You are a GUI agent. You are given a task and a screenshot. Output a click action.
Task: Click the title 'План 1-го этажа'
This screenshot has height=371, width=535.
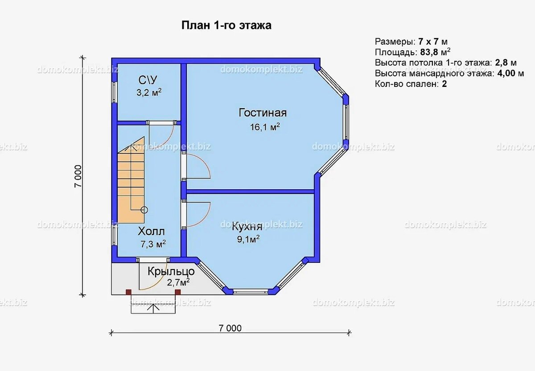226,25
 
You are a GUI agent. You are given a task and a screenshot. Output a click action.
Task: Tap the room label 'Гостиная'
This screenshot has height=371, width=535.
263,113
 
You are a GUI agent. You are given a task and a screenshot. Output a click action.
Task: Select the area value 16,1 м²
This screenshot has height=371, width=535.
265,127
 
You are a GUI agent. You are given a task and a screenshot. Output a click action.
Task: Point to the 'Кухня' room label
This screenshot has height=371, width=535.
247,227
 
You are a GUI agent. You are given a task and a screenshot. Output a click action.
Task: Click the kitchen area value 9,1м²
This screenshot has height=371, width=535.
248,239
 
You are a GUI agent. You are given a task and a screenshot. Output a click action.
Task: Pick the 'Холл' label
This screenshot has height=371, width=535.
152,231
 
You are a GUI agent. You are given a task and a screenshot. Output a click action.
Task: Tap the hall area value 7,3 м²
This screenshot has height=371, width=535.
153,244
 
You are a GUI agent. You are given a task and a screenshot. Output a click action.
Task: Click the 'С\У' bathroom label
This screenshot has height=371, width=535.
148,80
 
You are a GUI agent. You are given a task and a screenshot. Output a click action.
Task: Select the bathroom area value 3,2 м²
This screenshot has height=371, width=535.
149,92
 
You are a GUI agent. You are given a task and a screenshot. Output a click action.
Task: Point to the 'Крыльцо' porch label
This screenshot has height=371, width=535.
171,272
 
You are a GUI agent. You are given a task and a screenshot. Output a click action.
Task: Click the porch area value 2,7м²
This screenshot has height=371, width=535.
178,282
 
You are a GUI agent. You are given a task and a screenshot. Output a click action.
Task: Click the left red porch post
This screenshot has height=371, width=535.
128,292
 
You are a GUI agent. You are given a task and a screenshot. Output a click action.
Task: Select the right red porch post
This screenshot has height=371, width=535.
178,292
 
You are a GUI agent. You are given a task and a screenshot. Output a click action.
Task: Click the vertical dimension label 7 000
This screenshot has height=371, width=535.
78,176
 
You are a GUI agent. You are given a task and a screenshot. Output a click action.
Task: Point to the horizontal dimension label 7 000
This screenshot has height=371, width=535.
230,328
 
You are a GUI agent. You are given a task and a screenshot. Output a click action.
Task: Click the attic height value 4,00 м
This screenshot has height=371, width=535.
510,73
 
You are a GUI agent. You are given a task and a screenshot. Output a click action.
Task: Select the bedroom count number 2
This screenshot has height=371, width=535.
444,84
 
